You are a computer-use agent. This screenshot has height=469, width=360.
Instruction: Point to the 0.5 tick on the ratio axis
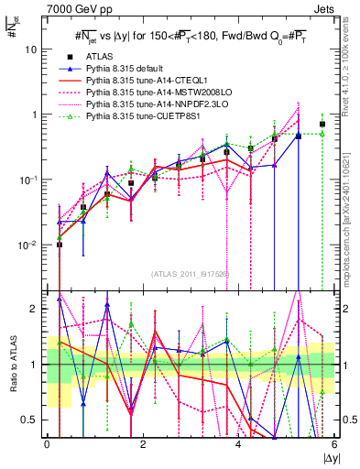(x=33, y=420)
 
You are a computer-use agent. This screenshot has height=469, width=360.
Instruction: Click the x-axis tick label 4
(x=239, y=444)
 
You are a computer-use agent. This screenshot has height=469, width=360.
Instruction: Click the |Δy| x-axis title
(x=329, y=458)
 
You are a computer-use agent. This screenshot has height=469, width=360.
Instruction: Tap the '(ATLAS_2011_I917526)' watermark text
(x=191, y=272)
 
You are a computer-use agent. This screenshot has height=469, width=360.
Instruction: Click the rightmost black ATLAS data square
(x=322, y=124)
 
